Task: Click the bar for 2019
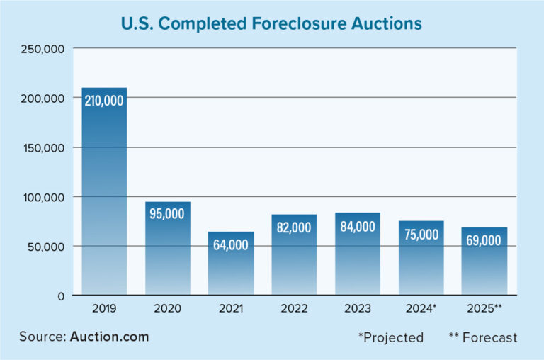104,191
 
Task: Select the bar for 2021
231,264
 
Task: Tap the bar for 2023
358,254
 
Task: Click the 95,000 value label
168,213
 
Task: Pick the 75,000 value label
421,235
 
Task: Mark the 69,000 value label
484,240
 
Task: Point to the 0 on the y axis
62,296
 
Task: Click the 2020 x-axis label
168,310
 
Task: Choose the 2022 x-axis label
294,310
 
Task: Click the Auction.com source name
109,336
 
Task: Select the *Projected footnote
391,337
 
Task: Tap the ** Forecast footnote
483,337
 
